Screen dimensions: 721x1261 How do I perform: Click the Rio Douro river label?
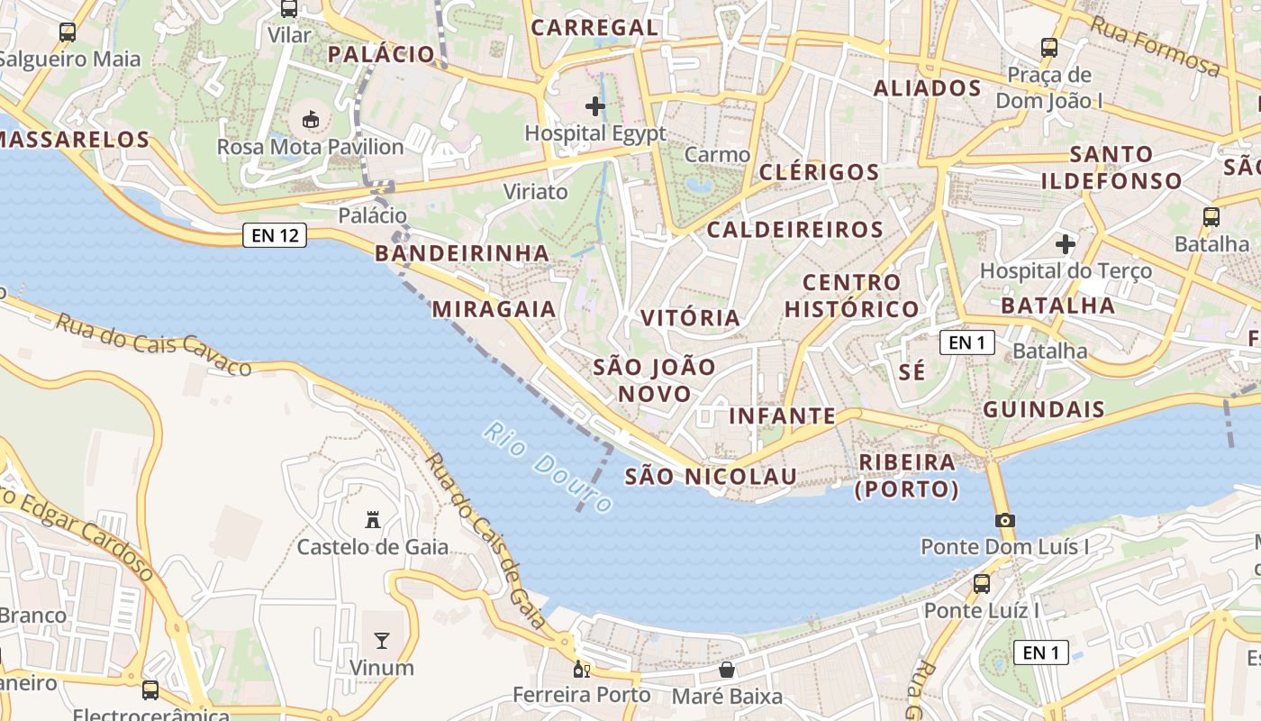[548, 468]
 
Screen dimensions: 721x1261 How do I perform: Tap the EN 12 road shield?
[275, 236]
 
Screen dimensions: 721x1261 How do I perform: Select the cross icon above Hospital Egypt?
[594, 106]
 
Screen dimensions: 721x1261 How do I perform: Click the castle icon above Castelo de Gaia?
[373, 519]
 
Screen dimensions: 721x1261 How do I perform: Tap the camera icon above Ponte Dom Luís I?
[1005, 520]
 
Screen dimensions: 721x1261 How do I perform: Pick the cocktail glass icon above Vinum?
[382, 641]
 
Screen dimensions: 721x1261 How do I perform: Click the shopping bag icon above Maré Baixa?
[727, 670]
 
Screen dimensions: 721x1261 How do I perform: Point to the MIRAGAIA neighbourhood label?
[494, 309]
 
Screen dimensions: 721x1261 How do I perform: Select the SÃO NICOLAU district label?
[711, 476]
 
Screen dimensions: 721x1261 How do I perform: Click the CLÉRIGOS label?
[819, 171]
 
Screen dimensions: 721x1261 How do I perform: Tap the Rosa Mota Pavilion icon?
[310, 119]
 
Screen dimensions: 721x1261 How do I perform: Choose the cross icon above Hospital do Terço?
[1066, 243]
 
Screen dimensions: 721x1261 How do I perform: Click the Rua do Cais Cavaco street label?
[153, 344]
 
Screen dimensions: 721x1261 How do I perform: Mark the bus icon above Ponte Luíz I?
[982, 583]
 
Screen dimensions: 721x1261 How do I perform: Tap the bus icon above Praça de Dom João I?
[1049, 47]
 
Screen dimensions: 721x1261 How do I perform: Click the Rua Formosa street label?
[1155, 45]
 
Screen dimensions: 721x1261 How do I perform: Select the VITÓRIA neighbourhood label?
[690, 317]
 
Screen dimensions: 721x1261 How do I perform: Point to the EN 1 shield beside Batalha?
[967, 342]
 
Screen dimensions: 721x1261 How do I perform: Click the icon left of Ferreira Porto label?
[581, 670]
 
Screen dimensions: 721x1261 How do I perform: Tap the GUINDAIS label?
[1044, 409]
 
